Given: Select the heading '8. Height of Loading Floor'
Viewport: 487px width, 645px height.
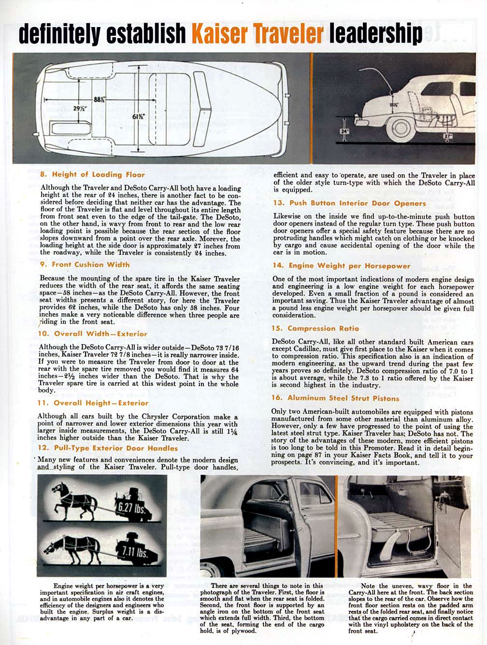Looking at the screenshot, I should click(x=92, y=174).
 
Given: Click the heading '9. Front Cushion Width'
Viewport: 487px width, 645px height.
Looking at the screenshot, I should click(x=85, y=264).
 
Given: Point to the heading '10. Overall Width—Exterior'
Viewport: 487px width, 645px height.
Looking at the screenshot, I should click(x=92, y=334).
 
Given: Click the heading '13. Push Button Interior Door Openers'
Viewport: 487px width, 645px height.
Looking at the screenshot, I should click(x=349, y=203).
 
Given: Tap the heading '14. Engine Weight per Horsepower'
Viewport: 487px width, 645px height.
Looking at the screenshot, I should click(x=341, y=266).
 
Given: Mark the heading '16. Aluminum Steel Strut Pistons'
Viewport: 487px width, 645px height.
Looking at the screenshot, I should click(x=336, y=398).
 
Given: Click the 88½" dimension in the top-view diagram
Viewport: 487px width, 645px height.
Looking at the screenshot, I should click(x=100, y=99).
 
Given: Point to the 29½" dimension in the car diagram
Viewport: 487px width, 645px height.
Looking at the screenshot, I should click(x=80, y=109).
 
